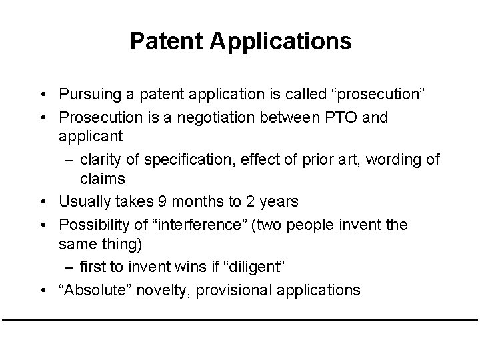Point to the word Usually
[x=85, y=201]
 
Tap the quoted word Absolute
[x=91, y=290]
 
